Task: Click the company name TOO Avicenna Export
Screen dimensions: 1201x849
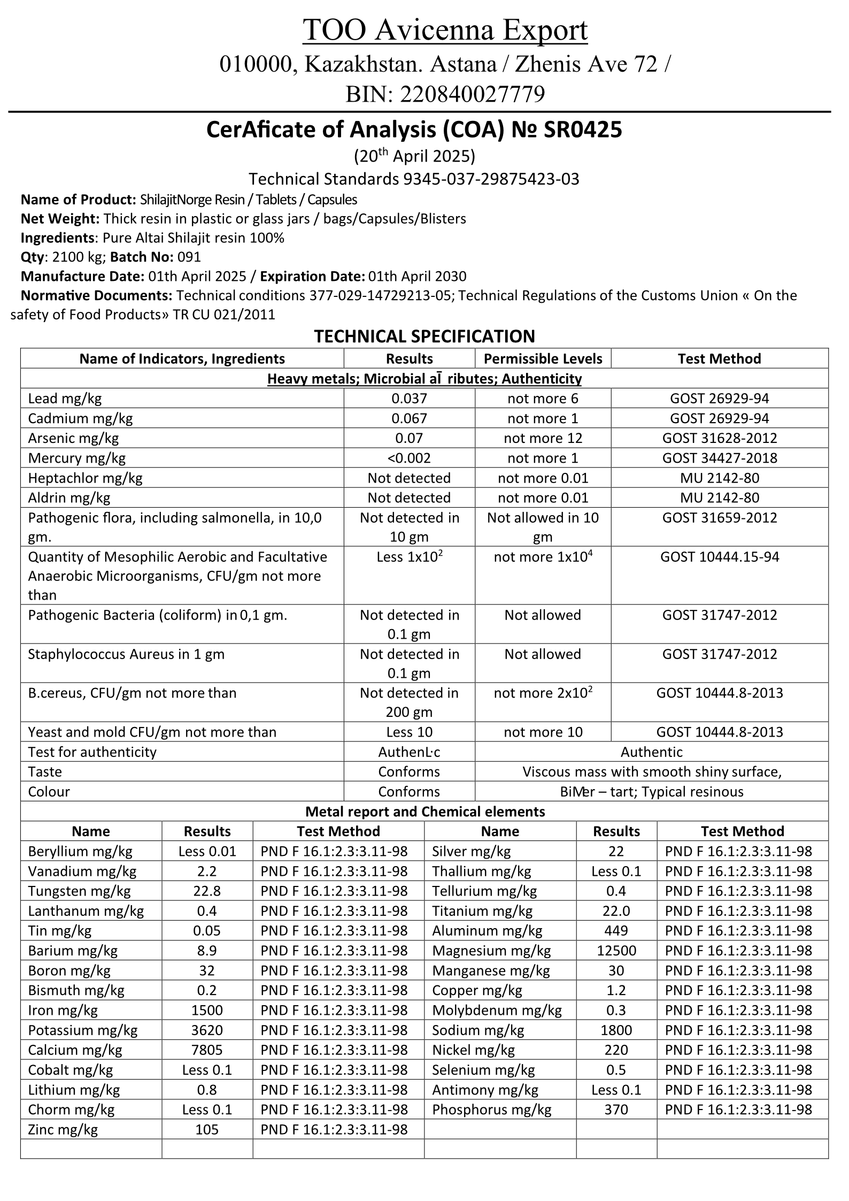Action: pyautogui.click(x=445, y=30)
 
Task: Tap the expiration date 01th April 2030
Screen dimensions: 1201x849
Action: pyautogui.click(x=417, y=277)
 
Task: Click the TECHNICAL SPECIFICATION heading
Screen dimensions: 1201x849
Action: pyautogui.click(x=424, y=336)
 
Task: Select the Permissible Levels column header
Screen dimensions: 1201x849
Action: pyautogui.click(x=543, y=359)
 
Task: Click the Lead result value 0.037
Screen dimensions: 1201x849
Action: pyautogui.click(x=409, y=399)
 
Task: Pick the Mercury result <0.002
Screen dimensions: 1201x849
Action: pyautogui.click(x=409, y=458)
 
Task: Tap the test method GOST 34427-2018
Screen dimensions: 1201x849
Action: pyautogui.click(x=719, y=458)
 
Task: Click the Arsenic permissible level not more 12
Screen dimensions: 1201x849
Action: pyautogui.click(x=543, y=438)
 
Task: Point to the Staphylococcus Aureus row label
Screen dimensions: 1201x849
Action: pyautogui.click(x=126, y=654)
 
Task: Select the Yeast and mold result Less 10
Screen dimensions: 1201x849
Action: pyautogui.click(x=409, y=732)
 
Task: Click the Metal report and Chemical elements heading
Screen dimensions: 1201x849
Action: pyautogui.click(x=424, y=812)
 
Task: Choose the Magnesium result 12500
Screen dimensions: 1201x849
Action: pyautogui.click(x=616, y=951)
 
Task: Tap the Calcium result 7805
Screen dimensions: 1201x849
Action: pyautogui.click(x=207, y=1050)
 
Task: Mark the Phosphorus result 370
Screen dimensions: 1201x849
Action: pyautogui.click(x=616, y=1110)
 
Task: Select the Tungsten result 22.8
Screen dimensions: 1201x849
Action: pyautogui.click(x=207, y=891)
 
